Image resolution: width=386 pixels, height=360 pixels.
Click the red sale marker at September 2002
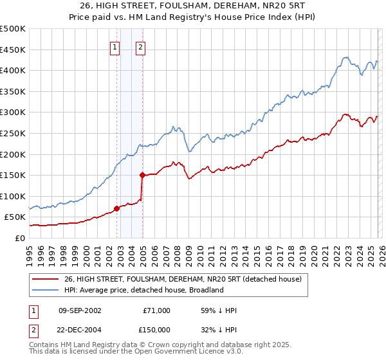tap(116, 208)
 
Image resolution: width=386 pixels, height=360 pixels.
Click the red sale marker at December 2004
tap(142, 174)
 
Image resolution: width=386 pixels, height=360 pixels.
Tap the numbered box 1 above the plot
tap(115, 46)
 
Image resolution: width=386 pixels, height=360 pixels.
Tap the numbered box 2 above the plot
tap(140, 46)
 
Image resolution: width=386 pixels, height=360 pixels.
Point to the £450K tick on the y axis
tap(13, 50)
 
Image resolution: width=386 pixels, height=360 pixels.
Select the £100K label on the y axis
tap(13, 196)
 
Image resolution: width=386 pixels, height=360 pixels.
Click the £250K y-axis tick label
tap(13, 133)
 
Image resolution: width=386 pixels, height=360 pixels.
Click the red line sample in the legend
tap(46, 278)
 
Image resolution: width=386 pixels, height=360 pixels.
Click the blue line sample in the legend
tap(46, 290)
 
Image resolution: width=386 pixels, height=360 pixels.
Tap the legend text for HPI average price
tap(143, 290)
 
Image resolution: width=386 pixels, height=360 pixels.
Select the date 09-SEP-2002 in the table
tap(80, 310)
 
